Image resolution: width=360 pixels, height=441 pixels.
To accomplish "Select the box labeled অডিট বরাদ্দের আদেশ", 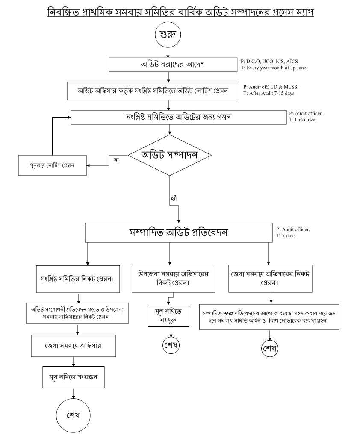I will pos(173,65).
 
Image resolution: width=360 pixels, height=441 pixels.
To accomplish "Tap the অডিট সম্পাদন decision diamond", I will pos(170,155).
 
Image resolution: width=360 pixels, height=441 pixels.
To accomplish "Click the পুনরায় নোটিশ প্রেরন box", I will pos(52,165).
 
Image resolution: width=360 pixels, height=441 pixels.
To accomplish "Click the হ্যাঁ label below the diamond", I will pos(174,199).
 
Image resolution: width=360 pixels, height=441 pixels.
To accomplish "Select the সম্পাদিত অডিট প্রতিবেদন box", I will pos(178,233).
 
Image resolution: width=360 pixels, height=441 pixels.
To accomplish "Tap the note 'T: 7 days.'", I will pos(286,236).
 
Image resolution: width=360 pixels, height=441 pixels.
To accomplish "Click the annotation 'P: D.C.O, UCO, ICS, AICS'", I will pos(269,62).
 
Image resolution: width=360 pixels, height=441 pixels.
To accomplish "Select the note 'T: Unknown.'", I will pos(303,120).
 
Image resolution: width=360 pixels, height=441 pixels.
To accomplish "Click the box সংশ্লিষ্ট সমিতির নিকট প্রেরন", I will pos(77,279).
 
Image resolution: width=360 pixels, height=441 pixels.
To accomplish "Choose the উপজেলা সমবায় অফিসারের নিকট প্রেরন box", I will pos(173,278).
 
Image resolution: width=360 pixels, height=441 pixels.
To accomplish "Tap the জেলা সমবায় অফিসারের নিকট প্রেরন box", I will pos(270,278).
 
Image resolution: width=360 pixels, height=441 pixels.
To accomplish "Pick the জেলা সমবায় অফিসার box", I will pos(73,346).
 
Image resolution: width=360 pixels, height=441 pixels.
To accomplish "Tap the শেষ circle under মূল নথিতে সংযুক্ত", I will pos(171,345).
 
